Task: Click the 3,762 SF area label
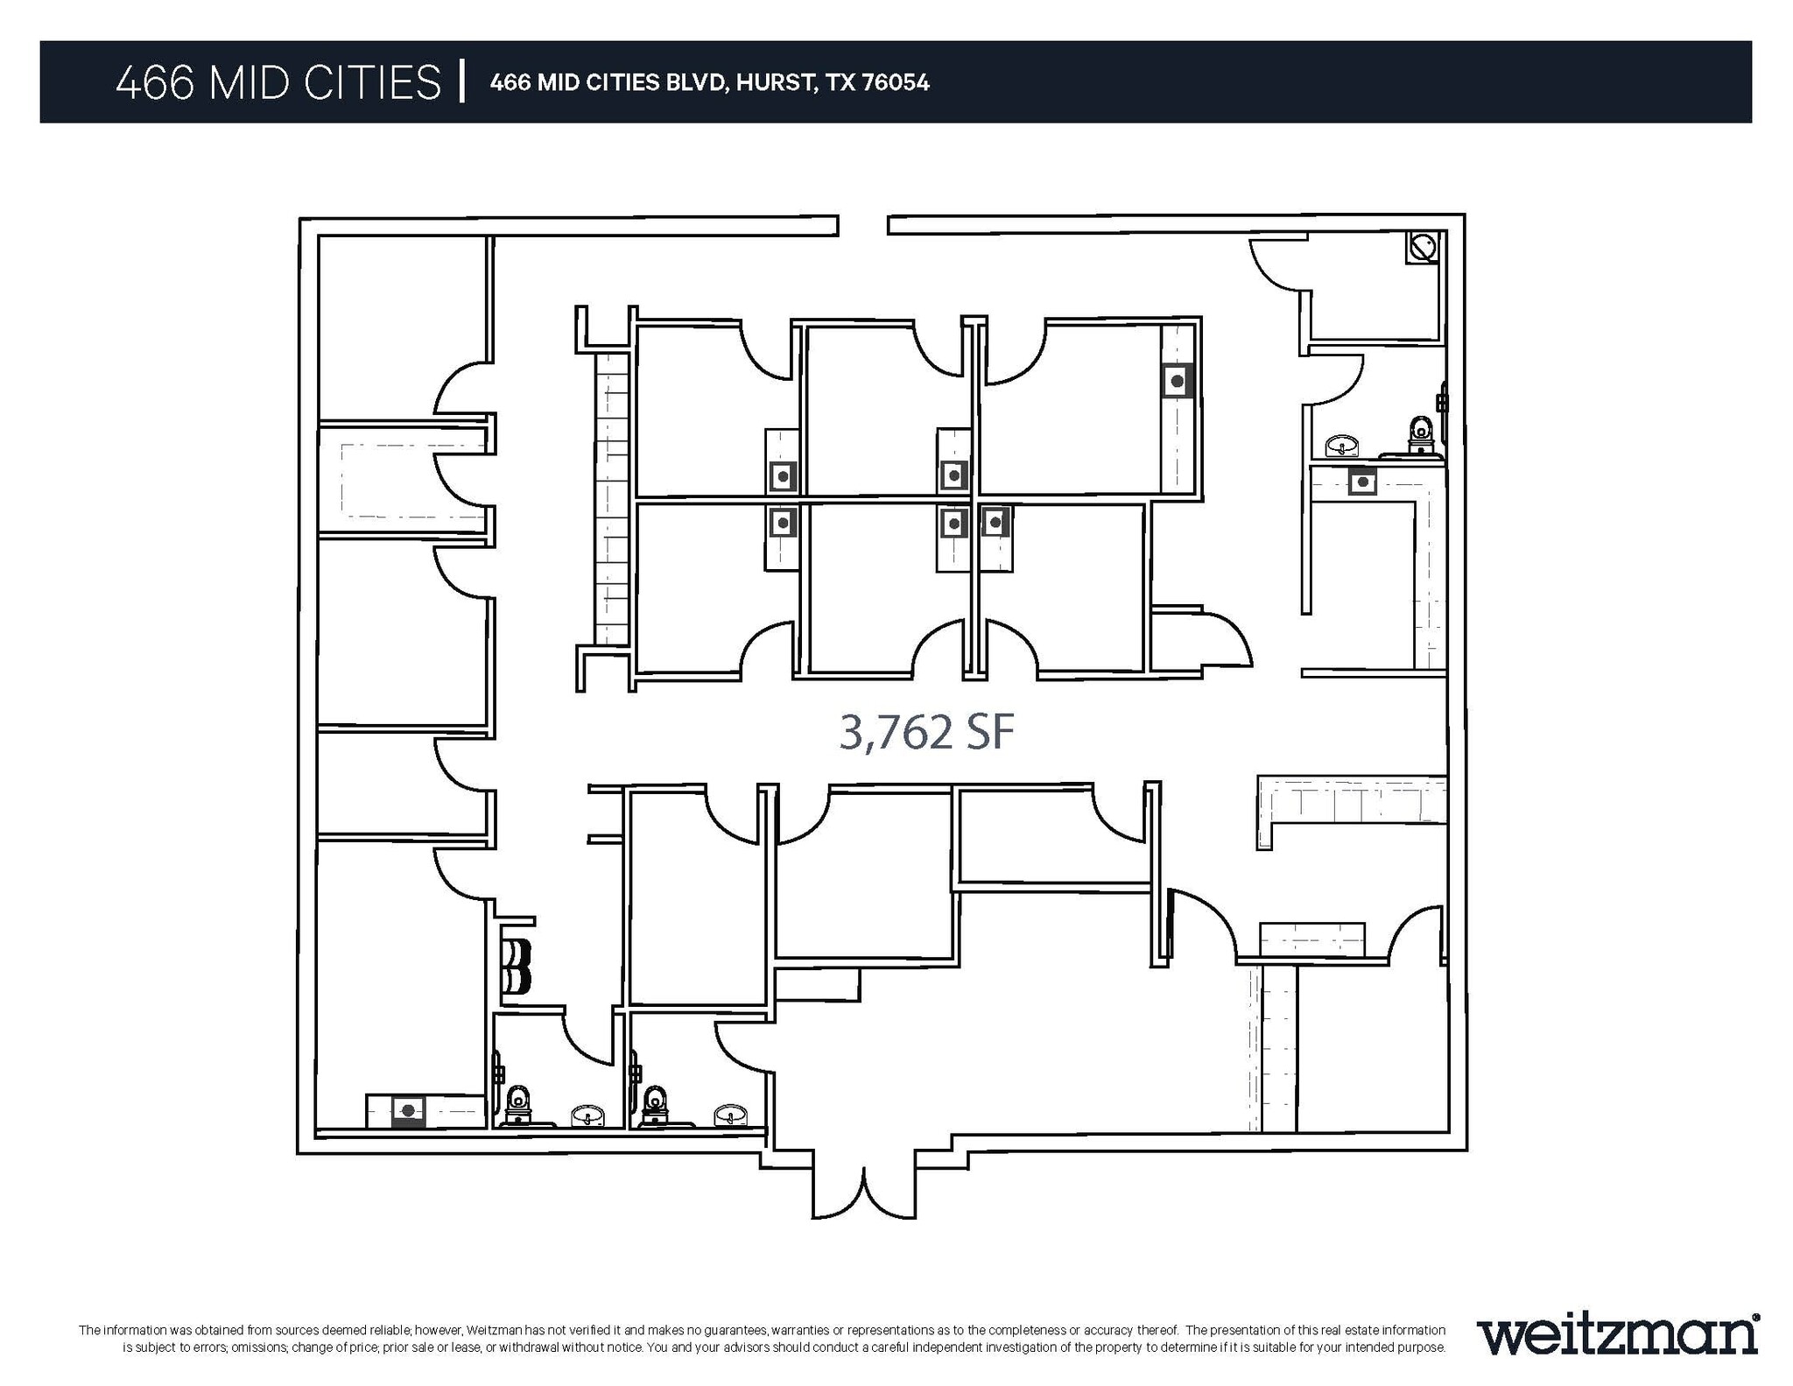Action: pos(926,732)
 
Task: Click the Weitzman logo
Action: pos(1617,1334)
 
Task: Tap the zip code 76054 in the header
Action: pos(896,82)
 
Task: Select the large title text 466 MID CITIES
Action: pos(278,83)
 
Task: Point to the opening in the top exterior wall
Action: pos(862,225)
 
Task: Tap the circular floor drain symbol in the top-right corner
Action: pos(1423,247)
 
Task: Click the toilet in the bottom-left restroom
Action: pos(518,1105)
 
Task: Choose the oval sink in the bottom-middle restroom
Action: pos(729,1115)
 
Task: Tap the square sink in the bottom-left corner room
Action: pos(407,1110)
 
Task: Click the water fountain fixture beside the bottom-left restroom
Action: pos(517,966)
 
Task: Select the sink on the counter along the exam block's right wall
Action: pos(1178,381)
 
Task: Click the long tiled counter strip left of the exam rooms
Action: pos(611,499)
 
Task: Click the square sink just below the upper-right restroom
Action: pos(1361,481)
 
